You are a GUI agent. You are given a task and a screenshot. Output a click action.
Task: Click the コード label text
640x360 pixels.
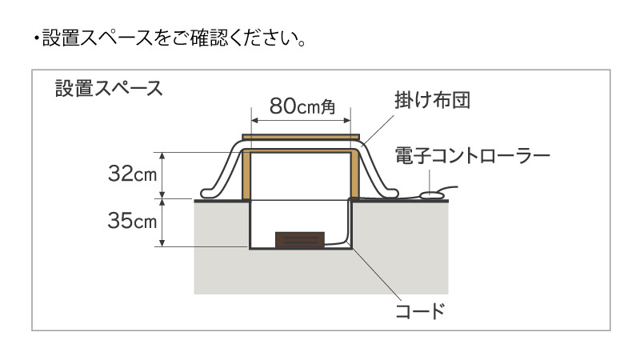(x=419, y=310)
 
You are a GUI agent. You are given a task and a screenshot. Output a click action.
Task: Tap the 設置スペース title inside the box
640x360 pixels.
(x=109, y=87)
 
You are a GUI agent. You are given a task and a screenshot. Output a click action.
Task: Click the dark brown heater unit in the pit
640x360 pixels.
(x=300, y=240)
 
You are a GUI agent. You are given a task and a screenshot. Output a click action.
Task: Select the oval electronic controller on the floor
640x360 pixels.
(x=432, y=193)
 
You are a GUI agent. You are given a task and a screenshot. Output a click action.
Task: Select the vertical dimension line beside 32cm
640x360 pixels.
(x=163, y=175)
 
